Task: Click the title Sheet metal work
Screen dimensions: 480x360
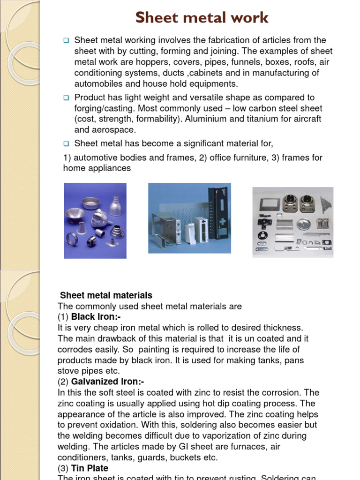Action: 202,18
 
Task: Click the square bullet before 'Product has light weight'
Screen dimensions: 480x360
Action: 66,97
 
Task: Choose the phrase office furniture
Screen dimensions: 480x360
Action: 237,157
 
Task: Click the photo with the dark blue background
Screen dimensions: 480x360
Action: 95,220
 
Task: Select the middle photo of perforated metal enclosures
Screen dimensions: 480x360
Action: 189,218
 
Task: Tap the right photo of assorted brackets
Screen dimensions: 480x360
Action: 293,222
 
